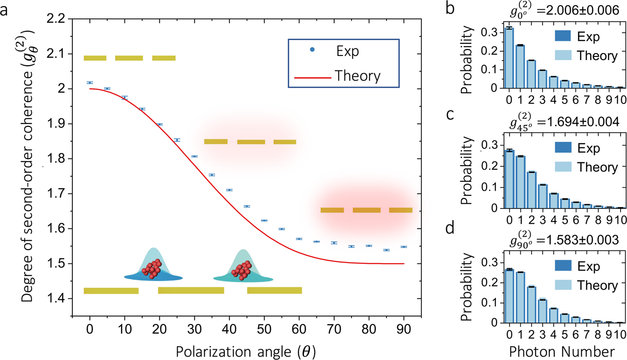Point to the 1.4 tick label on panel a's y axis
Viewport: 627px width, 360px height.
point(57,298)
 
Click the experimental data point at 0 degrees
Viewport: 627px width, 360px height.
point(90,83)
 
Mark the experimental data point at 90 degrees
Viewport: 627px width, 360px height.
point(404,247)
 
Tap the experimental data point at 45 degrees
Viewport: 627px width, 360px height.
point(247,206)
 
